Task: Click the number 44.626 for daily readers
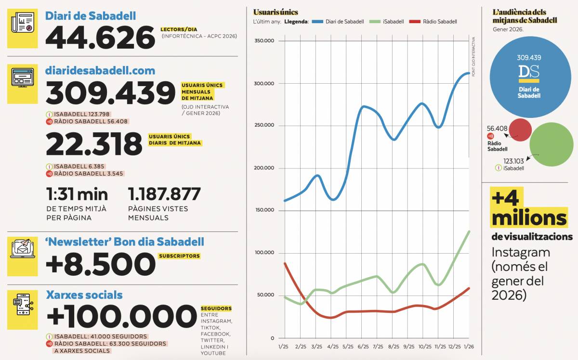point(100,38)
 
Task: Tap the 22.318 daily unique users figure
point(94,144)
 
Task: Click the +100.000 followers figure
point(121,317)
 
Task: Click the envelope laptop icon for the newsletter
point(22,248)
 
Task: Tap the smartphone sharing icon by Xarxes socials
point(22,304)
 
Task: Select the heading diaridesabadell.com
point(100,71)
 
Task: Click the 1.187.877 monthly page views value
point(164,194)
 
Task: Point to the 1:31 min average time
point(77,194)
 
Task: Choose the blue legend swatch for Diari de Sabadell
point(317,22)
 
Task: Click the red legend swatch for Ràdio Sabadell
point(414,22)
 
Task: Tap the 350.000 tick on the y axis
point(263,41)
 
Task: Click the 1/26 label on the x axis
point(469,347)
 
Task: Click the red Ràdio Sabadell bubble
point(520,129)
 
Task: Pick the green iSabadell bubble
point(552,144)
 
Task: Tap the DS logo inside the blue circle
point(528,73)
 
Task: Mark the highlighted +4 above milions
point(504,198)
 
